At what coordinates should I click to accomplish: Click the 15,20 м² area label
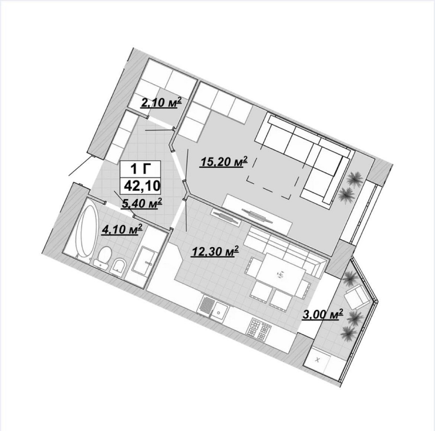click(x=223, y=162)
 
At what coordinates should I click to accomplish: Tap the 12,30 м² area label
click(x=215, y=252)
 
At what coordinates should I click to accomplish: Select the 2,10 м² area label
click(x=161, y=102)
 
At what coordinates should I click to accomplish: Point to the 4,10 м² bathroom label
click(x=122, y=230)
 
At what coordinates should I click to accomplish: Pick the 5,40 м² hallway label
click(x=142, y=204)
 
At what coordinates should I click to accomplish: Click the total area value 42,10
click(x=143, y=185)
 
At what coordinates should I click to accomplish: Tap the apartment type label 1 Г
click(x=141, y=168)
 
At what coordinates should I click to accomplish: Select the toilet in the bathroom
click(x=104, y=256)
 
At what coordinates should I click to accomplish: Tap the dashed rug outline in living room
click(x=273, y=177)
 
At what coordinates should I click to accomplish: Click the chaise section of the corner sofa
click(x=323, y=178)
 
